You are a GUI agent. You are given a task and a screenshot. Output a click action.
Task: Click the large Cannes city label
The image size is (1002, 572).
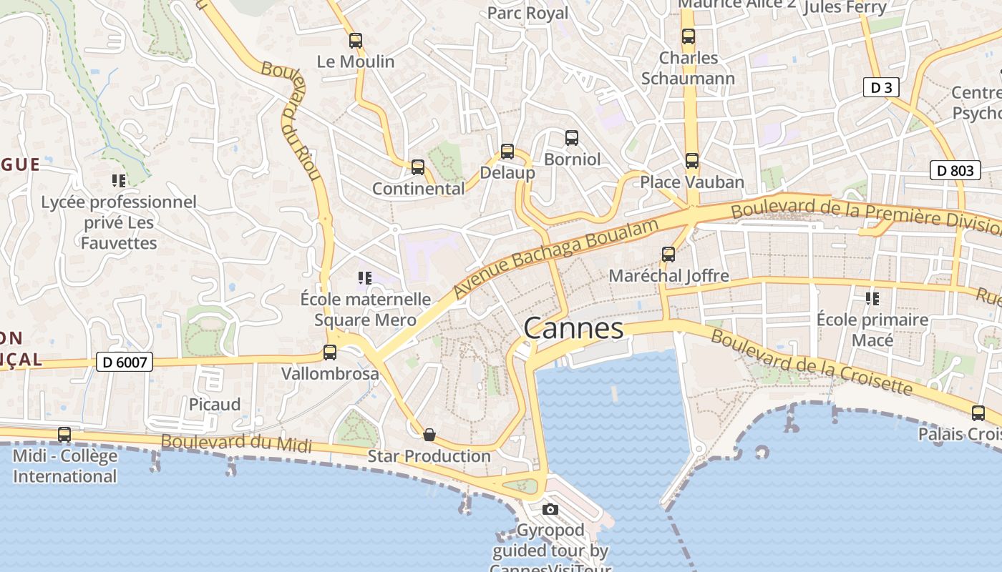click(573, 329)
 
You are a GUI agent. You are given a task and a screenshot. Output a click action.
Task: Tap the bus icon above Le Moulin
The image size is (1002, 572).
click(356, 41)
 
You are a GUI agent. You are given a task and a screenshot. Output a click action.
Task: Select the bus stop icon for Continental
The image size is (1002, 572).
click(418, 167)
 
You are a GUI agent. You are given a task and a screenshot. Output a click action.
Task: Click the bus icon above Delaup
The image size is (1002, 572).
click(507, 152)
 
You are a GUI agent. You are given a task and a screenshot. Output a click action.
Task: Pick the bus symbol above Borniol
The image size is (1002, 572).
click(571, 138)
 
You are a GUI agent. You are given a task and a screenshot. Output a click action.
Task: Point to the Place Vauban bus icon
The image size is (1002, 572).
click(691, 161)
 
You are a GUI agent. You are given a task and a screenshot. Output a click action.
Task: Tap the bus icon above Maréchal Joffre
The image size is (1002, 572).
click(668, 255)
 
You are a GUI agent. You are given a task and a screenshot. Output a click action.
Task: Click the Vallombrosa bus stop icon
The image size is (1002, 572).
click(330, 352)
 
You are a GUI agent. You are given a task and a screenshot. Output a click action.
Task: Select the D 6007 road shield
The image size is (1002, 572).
click(125, 363)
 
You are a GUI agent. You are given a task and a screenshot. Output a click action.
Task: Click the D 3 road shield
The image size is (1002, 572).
click(880, 88)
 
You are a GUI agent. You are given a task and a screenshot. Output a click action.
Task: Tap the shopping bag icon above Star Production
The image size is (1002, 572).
click(429, 435)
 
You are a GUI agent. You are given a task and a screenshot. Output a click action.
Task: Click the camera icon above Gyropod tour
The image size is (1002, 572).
click(550, 510)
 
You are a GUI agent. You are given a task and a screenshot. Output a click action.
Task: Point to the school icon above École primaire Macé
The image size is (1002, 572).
click(872, 298)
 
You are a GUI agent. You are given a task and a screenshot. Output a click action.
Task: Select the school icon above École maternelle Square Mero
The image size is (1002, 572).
click(364, 278)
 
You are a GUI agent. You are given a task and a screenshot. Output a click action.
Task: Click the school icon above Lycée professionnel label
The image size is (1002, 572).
click(119, 181)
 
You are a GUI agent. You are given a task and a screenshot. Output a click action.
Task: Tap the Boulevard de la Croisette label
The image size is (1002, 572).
click(812, 364)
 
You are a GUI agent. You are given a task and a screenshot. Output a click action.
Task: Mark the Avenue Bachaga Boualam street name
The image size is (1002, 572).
click(555, 259)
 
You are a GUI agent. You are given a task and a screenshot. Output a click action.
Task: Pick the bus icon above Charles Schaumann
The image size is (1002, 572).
click(689, 36)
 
